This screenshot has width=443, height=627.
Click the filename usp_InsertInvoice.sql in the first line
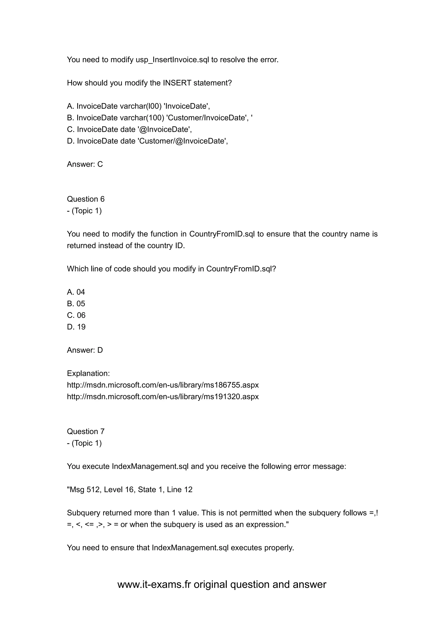(172, 60)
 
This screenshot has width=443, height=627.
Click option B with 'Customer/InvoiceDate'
(160, 118)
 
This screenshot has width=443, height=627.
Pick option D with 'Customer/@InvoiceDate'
(147, 141)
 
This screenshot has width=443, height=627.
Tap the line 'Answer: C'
(85, 164)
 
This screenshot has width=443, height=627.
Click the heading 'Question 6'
(86, 199)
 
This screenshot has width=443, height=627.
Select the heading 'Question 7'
(86, 431)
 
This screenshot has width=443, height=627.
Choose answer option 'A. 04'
(76, 292)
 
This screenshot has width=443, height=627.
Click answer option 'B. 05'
(76, 304)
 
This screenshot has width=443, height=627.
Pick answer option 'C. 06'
(76, 315)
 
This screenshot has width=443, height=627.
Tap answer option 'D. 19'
(76, 327)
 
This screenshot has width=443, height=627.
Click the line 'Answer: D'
(85, 350)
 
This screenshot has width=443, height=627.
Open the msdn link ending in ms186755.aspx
(163, 385)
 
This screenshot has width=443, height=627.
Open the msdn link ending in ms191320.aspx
(163, 396)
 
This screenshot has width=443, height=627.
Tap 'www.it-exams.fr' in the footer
(154, 584)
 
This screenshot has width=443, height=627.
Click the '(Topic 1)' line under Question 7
(87, 443)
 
